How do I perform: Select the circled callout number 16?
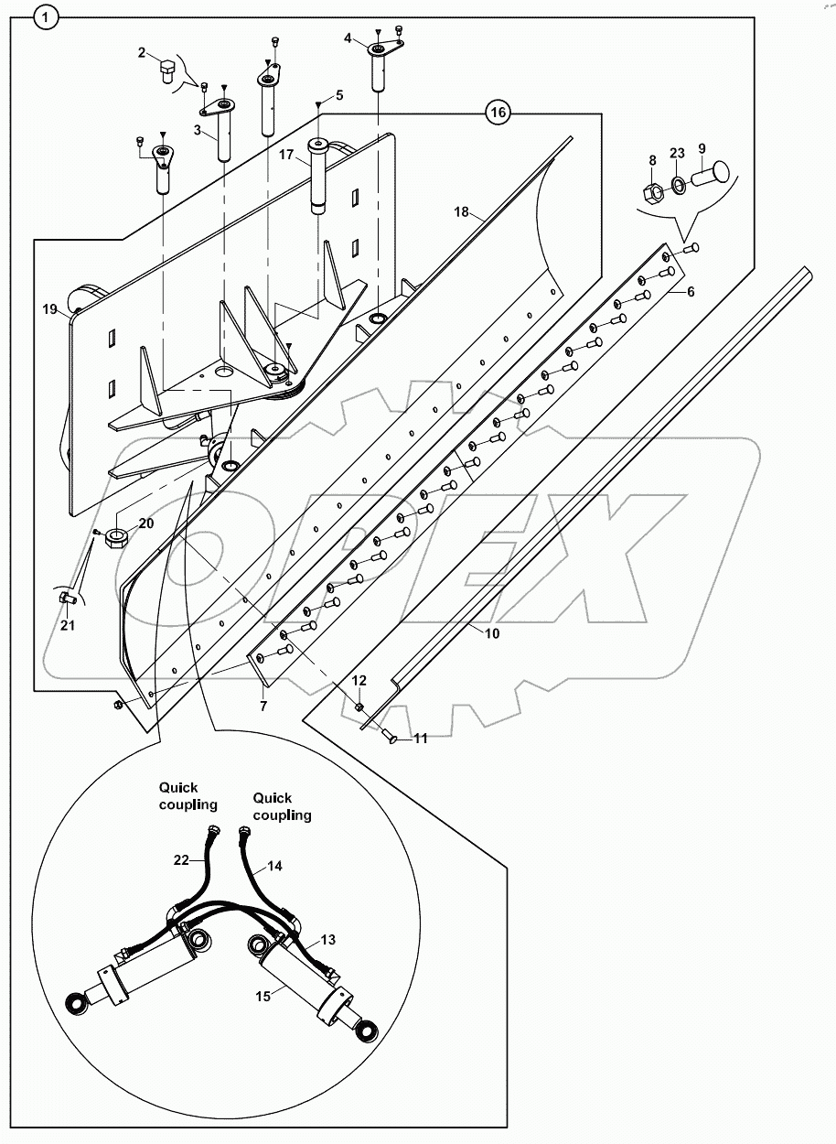pos(498,113)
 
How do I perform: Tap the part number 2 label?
pos(143,53)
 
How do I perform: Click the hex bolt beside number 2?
pos(166,71)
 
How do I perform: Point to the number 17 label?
pos(288,156)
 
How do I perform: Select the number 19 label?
pos(50,309)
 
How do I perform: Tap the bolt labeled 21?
pos(65,598)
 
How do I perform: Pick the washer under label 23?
pos(678,187)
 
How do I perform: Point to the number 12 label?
pos(359,680)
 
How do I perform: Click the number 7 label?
pos(263,707)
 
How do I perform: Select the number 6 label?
pos(691,290)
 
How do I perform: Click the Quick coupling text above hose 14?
pos(282,806)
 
